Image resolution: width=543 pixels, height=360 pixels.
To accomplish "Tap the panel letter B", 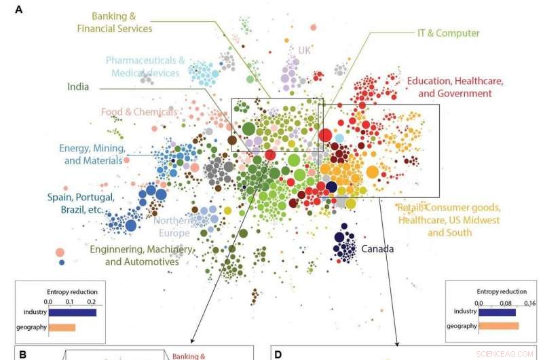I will [x=22, y=354].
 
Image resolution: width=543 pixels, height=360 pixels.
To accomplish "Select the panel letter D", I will [x=277, y=354].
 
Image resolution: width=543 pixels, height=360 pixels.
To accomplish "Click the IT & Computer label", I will [x=448, y=33].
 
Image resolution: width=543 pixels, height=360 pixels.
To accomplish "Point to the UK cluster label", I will [x=304, y=50].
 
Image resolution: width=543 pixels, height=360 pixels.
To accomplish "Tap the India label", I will [x=79, y=87].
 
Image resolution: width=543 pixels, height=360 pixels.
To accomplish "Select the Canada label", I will [x=377, y=249].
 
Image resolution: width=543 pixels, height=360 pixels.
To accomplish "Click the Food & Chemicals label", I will [x=139, y=111].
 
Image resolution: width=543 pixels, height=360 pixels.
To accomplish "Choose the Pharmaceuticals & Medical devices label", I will [x=145, y=67].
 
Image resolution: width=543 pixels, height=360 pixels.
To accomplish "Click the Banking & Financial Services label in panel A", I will [x=114, y=22].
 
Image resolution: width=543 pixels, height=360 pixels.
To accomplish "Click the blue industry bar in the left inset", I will [x=72, y=312].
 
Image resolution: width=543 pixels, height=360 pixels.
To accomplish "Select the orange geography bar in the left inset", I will [x=61, y=327].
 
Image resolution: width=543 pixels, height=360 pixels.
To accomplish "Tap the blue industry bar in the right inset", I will [x=497, y=312].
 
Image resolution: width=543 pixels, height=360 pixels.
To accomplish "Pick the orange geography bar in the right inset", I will [x=498, y=326].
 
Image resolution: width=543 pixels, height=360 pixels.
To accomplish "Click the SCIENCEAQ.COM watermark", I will [x=514, y=353].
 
